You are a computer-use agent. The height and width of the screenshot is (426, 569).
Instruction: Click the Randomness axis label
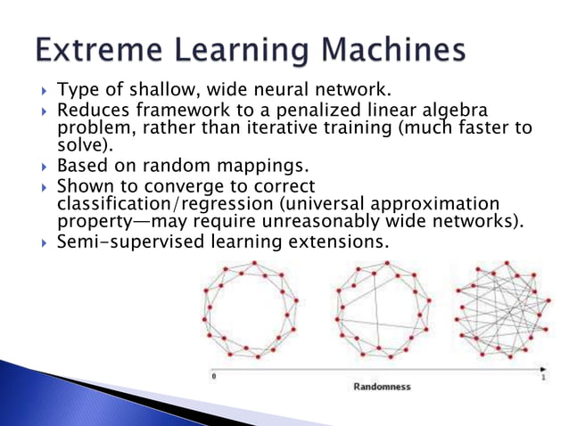[383, 387]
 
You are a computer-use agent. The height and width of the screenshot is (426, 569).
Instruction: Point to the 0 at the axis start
[213, 378]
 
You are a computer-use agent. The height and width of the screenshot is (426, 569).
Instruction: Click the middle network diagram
[381, 309]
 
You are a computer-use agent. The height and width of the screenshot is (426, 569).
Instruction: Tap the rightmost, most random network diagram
[499, 309]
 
